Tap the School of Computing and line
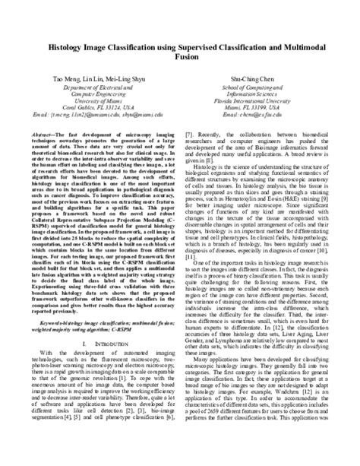259,87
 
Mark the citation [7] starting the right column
189,132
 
